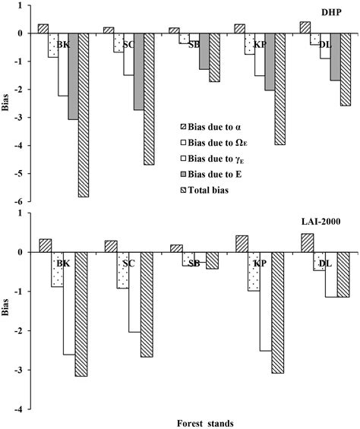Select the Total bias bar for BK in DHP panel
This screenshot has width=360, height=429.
pyautogui.click(x=84, y=115)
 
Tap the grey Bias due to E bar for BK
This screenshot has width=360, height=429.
pyautogui.click(x=73, y=77)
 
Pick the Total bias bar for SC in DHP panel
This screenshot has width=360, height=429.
pyautogui.click(x=149, y=99)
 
